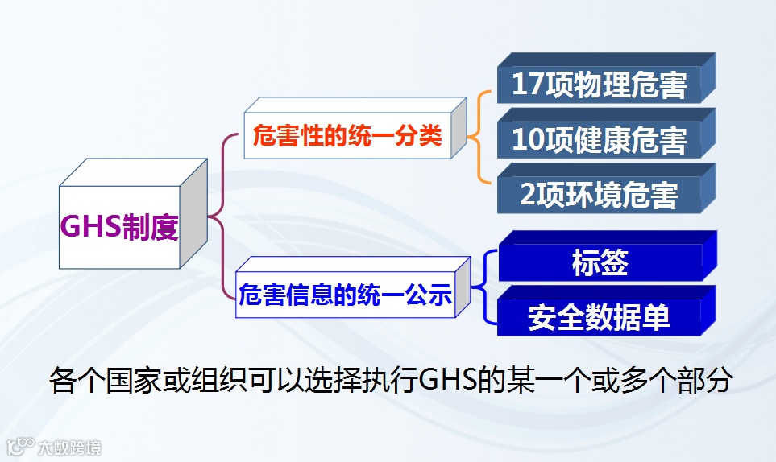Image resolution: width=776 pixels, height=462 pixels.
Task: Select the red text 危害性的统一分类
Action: pyautogui.click(x=347, y=136)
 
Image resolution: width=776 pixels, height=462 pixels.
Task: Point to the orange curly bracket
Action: pyautogui.click(x=481, y=136)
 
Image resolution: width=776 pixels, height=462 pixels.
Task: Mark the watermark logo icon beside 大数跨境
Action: pyautogui.click(x=21, y=446)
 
